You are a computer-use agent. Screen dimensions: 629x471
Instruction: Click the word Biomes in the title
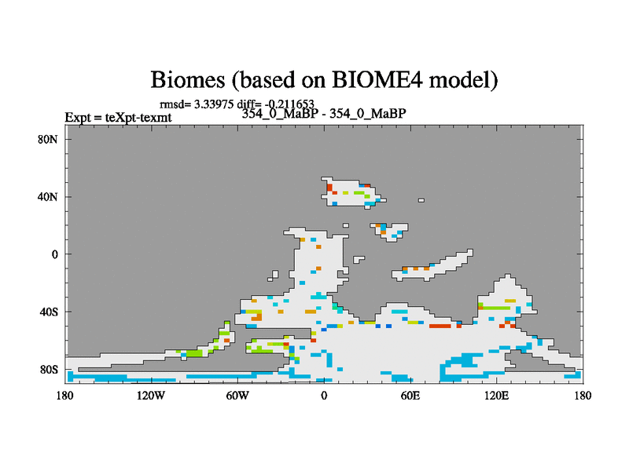[187, 80]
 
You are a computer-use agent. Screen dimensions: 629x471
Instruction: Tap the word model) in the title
[464, 80]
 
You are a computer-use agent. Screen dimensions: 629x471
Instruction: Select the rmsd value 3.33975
[214, 104]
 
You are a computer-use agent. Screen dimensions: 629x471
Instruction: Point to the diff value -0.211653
[289, 104]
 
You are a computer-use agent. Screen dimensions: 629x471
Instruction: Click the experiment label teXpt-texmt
[138, 118]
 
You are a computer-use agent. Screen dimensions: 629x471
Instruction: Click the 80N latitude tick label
[48, 140]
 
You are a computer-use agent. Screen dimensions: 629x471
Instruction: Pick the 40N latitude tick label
[48, 197]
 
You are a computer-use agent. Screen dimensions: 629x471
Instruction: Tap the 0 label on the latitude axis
[54, 254]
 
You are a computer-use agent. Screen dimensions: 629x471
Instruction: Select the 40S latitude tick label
[49, 312]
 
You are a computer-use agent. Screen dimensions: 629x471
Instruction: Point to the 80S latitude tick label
[49, 369]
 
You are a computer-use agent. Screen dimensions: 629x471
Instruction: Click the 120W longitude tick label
[151, 396]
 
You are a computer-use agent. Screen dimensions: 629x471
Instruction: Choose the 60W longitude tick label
[237, 396]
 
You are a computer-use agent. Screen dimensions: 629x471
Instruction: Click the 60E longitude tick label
[410, 396]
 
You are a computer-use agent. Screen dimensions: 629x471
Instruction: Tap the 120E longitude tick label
[497, 396]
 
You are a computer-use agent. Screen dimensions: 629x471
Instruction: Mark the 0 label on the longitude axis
[324, 396]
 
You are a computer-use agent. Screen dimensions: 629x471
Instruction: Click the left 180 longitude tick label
[65, 396]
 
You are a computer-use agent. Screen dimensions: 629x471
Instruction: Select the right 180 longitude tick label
[583, 396]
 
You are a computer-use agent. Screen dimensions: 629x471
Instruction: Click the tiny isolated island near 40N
[421, 200]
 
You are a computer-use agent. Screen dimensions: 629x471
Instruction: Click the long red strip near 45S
[440, 327]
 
